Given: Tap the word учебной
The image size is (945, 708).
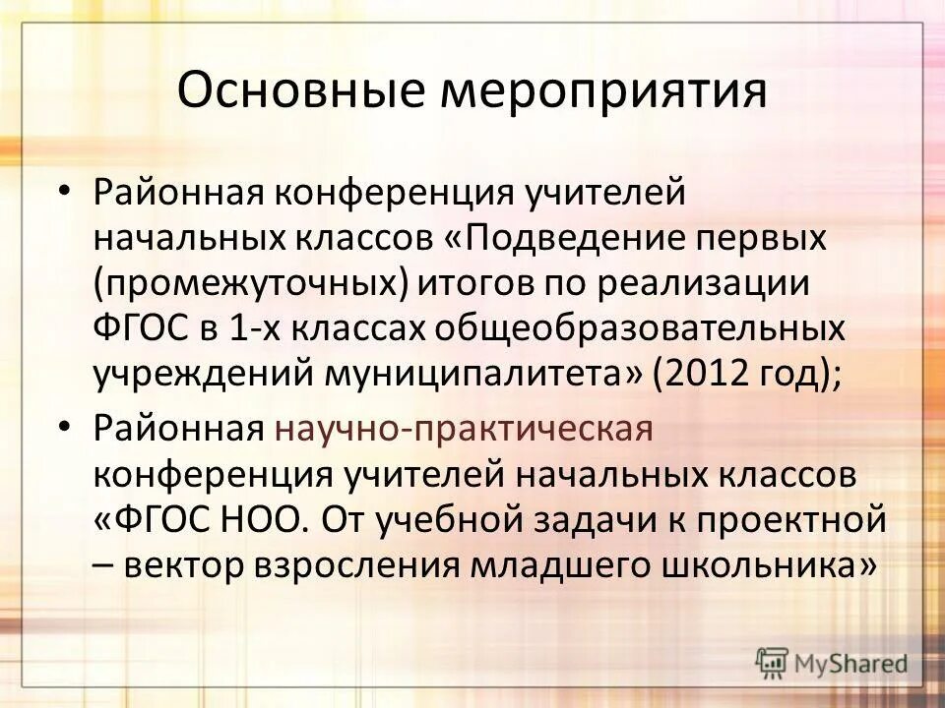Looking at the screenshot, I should tap(467, 520).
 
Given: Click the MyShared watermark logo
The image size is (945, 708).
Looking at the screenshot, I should tap(832, 663).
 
